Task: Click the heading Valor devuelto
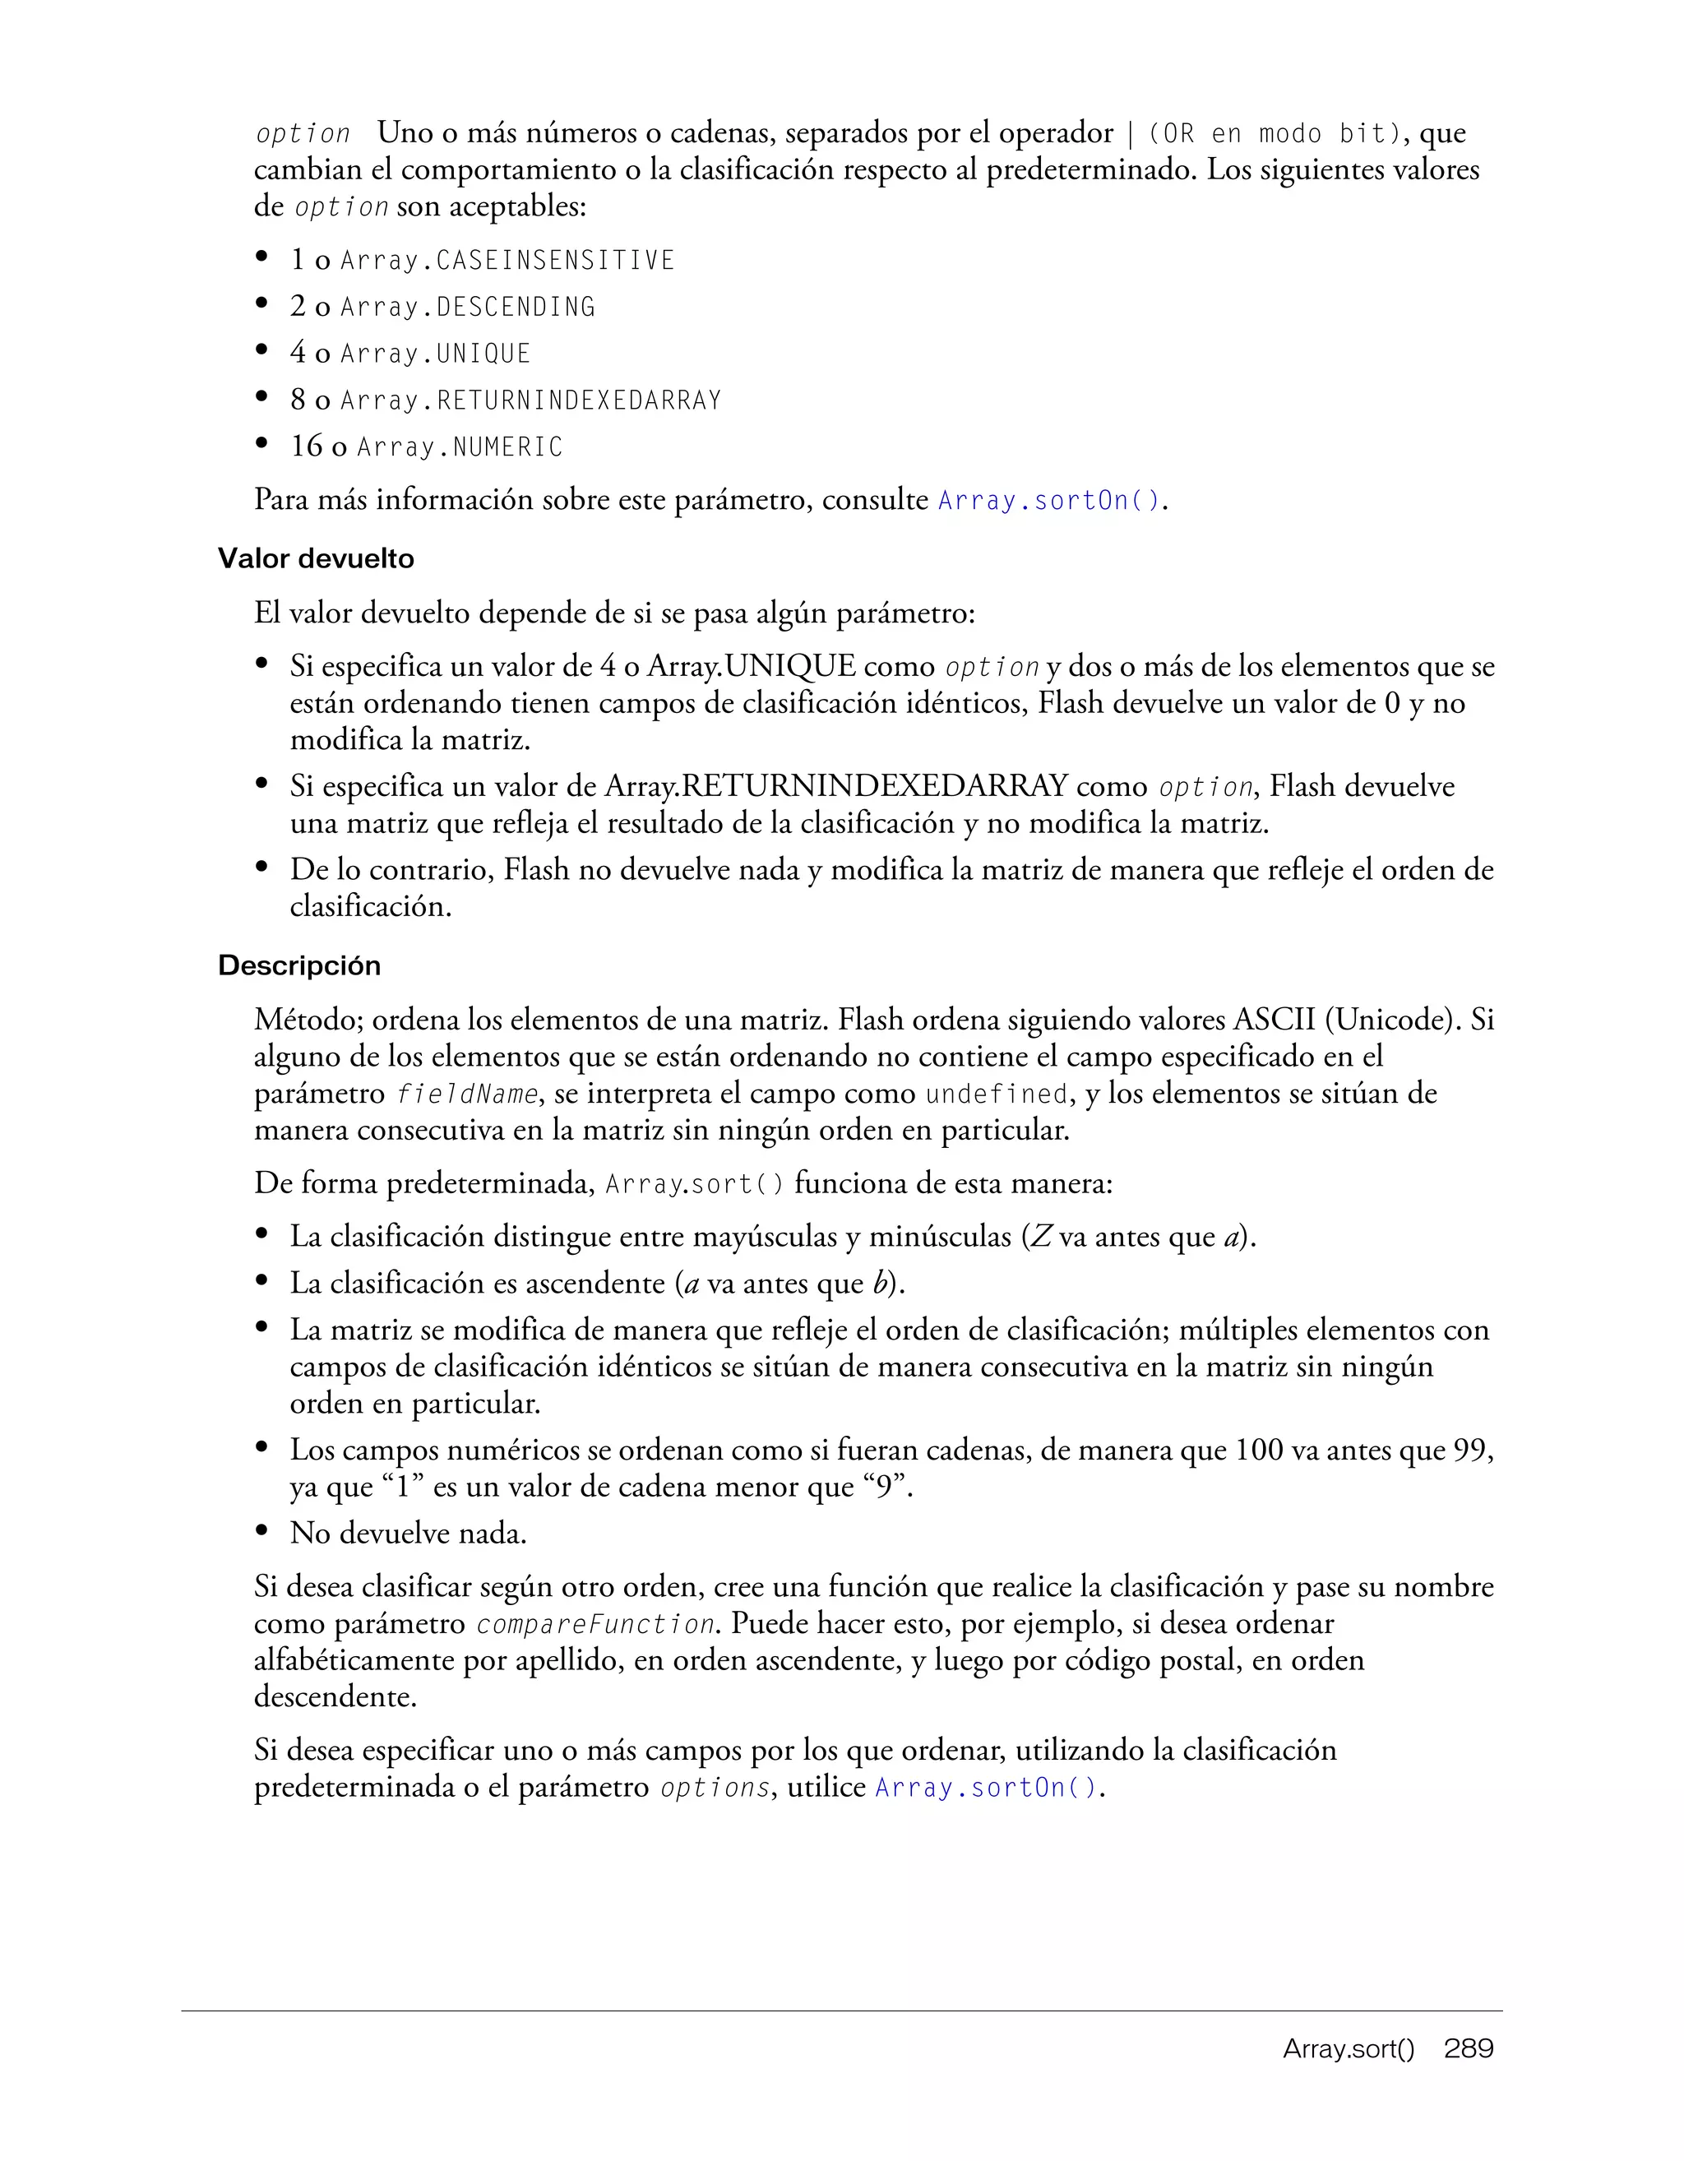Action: pyautogui.click(x=316, y=559)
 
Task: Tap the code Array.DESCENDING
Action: pyautogui.click(x=467, y=308)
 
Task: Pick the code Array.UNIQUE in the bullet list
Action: pyautogui.click(x=435, y=354)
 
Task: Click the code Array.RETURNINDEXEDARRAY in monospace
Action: pyautogui.click(x=530, y=400)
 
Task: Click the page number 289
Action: pyautogui.click(x=1469, y=2048)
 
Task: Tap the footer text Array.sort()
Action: pyautogui.click(x=1349, y=2049)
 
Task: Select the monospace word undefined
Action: pyautogui.click(x=997, y=1094)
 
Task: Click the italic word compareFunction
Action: pyautogui.click(x=595, y=1625)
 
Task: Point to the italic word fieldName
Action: pyautogui.click(x=466, y=1094)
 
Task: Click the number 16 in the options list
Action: pyautogui.click(x=306, y=447)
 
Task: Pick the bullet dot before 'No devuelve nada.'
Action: pyautogui.click(x=262, y=1532)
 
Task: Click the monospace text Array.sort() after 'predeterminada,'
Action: pyautogui.click(x=695, y=1184)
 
